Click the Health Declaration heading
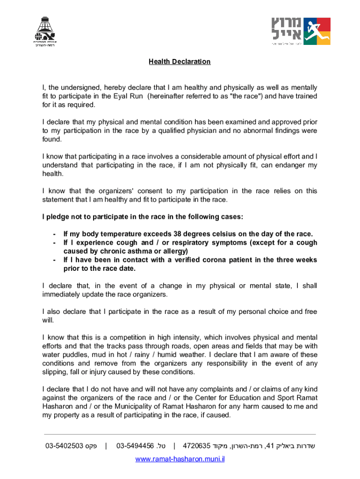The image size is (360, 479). point(180,62)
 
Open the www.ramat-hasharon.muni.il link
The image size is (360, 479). point(180,459)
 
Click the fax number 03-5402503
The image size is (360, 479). point(65,446)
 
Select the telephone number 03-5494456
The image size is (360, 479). point(135,446)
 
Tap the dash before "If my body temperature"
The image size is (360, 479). point(55,234)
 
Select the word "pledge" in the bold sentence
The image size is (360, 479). point(58,217)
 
